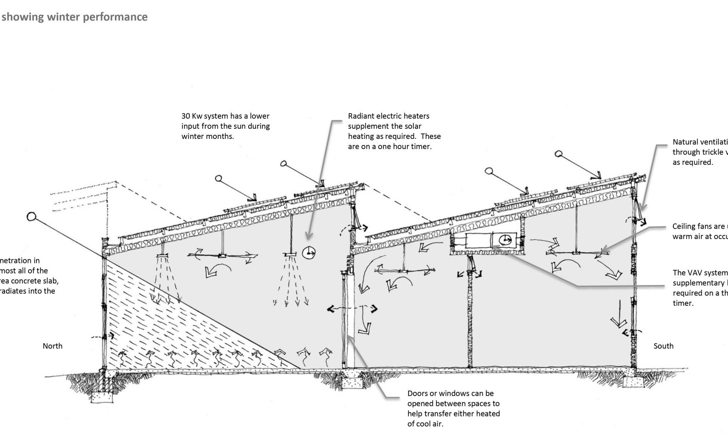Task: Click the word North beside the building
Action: pos(53,346)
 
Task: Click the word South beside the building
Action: pos(663,346)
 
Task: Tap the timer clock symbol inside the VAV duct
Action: pos(504,240)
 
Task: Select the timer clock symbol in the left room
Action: pos(309,253)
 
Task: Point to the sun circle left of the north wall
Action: pos(32,217)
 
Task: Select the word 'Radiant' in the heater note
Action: pos(361,116)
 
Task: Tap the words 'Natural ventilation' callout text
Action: pos(700,142)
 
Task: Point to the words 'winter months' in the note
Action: pos(207,137)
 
